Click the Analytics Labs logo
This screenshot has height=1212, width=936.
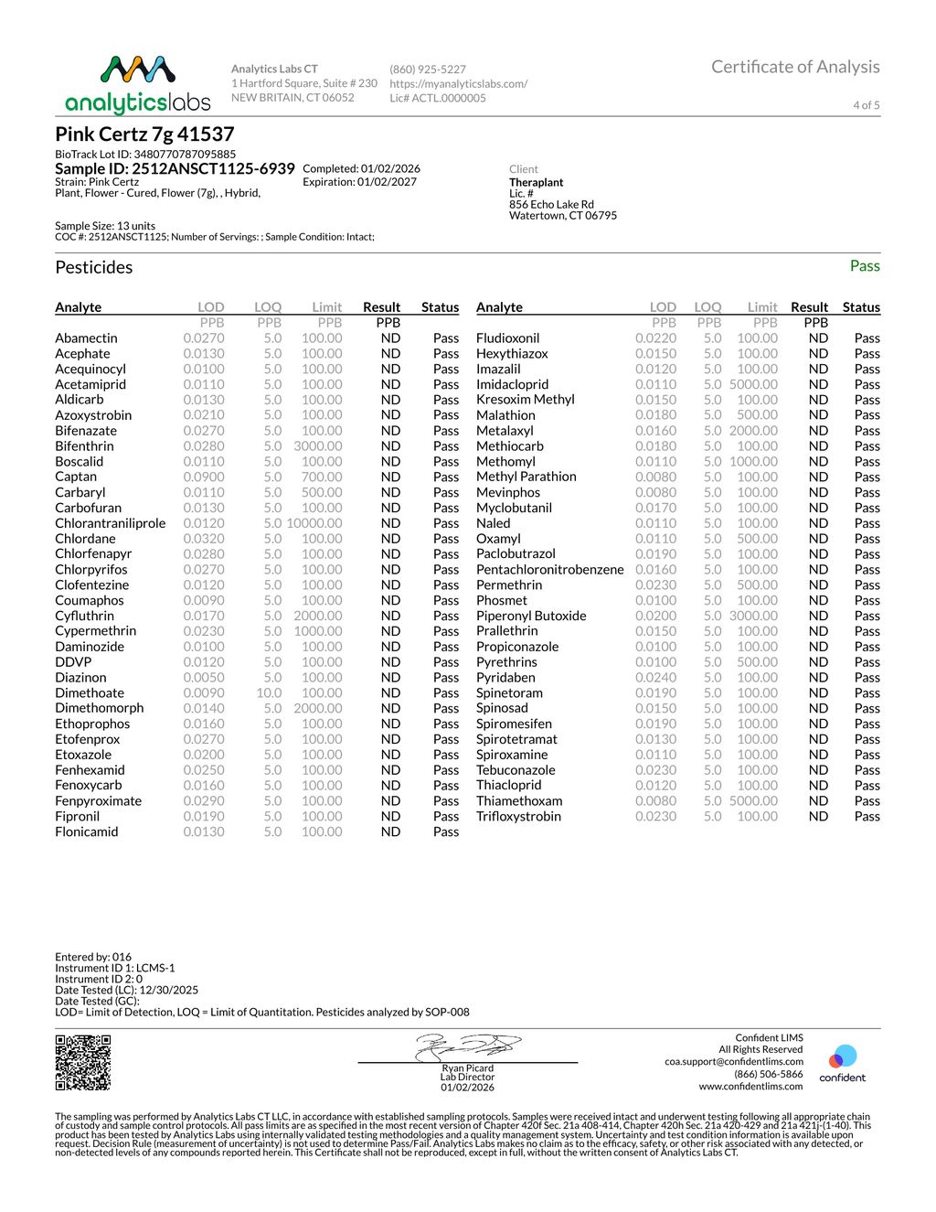[137, 84]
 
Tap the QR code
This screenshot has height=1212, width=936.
[83, 1062]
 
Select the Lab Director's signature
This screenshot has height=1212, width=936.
[467, 1046]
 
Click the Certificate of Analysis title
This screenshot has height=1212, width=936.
[795, 67]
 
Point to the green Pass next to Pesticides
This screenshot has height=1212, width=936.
[864, 266]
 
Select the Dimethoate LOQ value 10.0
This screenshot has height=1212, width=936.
[269, 693]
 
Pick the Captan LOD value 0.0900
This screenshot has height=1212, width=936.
[204, 477]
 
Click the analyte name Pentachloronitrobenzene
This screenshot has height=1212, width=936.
[549, 570]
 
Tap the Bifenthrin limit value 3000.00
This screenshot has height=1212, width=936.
[318, 446]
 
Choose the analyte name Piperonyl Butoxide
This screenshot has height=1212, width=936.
[531, 616]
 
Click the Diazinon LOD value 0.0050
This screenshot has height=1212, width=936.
[204, 678]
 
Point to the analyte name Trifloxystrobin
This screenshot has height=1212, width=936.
[518, 816]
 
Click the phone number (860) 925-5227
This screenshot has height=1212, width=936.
[428, 70]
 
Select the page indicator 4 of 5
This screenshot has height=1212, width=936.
[866, 105]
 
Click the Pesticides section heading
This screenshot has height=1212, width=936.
[94, 267]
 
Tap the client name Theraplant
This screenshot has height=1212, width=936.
[537, 182]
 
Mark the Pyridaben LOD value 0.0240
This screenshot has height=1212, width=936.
[655, 678]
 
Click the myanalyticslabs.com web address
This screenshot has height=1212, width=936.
[458, 83]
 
